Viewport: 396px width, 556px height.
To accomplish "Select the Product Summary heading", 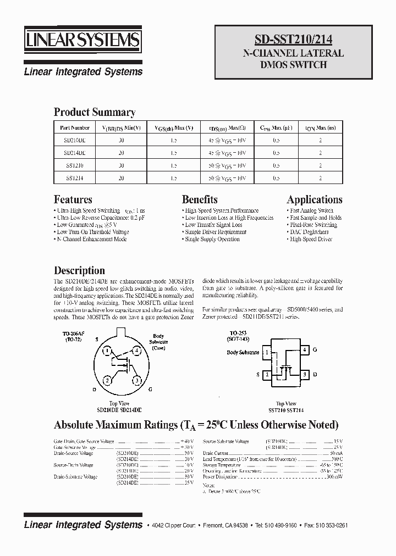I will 95,112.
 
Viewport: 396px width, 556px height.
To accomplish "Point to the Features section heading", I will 73,199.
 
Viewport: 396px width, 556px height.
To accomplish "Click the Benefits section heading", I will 200,199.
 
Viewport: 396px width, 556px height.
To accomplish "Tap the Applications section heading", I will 314,199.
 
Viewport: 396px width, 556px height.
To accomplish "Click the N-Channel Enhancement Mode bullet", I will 91,240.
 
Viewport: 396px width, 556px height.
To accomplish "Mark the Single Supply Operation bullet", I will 211,240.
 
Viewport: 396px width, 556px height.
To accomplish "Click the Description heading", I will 79,270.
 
